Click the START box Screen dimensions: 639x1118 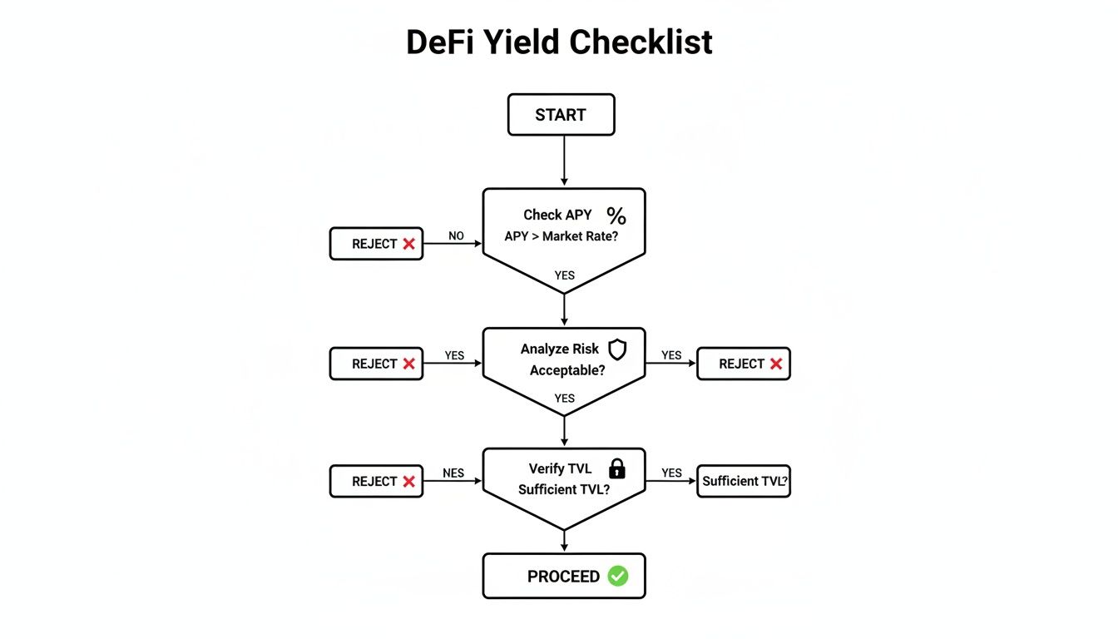[561, 115]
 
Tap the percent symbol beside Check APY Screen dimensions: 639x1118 [616, 216]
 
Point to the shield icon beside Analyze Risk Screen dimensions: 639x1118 [617, 349]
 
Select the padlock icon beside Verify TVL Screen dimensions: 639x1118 [616, 468]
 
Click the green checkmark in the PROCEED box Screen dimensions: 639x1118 [617, 576]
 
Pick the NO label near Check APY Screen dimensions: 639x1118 [456, 236]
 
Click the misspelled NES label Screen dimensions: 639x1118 [453, 473]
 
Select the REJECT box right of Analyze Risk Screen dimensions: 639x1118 [743, 364]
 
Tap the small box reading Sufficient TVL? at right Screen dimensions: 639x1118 [743, 481]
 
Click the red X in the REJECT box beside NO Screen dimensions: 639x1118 [408, 244]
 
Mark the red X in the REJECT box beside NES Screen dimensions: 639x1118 [408, 481]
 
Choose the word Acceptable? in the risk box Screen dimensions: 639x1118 [566, 369]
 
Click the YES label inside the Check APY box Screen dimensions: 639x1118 [564, 275]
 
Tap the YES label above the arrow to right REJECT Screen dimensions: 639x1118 [671, 355]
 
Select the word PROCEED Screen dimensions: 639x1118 [563, 577]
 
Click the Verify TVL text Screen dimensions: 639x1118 [560, 468]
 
